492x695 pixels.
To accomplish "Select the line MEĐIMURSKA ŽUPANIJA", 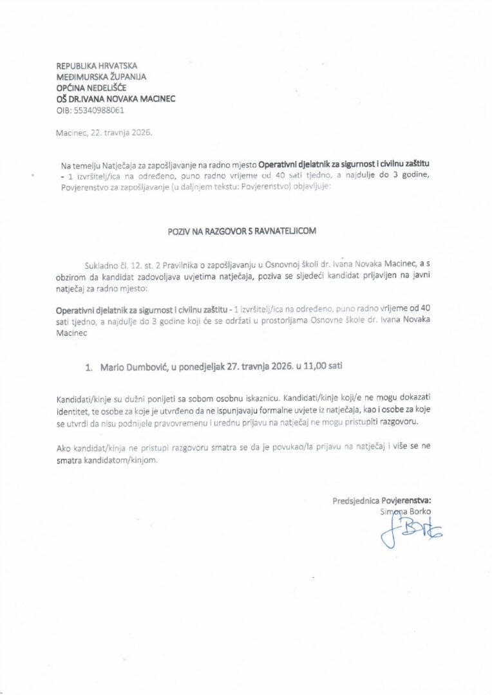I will [x=101, y=77].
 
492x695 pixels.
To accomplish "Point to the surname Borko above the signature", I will [x=419, y=512].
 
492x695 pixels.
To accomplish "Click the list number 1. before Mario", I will [x=90, y=368].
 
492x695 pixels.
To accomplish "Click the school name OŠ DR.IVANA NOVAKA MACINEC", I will [x=116, y=99].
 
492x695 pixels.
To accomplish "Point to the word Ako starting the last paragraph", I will [x=63, y=449].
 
